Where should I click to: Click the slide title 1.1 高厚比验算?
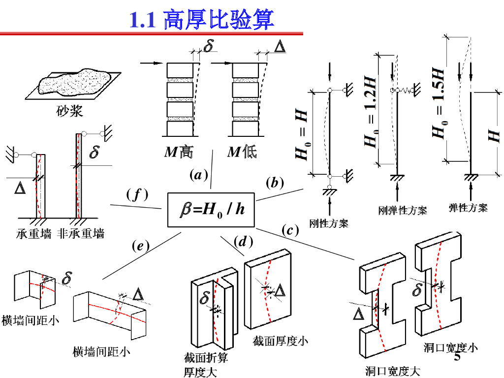pos(201,19)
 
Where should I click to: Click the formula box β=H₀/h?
pos(211,210)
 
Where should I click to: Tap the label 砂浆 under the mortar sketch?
pos(69,111)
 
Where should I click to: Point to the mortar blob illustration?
pos(75,82)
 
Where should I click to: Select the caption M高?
pos(179,152)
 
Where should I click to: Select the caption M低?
pos(242,152)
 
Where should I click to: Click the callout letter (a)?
pos(199,175)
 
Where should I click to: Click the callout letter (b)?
pos(275,183)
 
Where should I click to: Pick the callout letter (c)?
pos(290,230)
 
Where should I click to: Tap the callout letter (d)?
pos(243,241)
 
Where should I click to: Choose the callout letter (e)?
pos(141,246)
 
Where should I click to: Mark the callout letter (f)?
pos(137,195)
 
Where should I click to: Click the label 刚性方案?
pos(328,223)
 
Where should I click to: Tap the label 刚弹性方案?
pos(403,211)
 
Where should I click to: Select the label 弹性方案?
pos(468,208)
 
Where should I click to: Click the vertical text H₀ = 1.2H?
pos(370,112)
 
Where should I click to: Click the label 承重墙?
pos(34,234)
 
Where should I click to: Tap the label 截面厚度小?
pos(280,341)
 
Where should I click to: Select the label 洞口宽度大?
pos(393,371)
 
